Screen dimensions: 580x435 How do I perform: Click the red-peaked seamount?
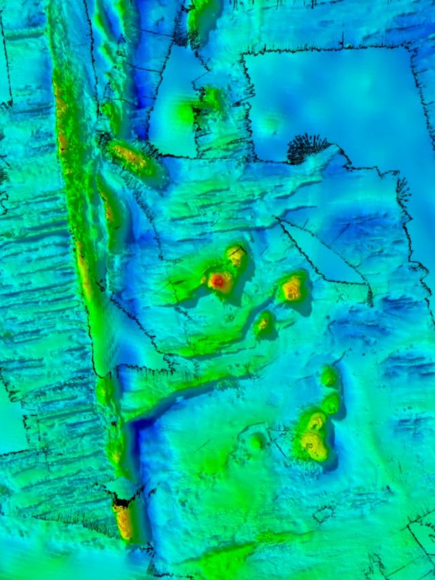pos(220,279)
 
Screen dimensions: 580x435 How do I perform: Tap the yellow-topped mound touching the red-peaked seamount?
pos(236,256)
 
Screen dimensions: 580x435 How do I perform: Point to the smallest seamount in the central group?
pos(264,322)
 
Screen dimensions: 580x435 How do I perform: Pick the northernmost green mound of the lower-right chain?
pos(329,375)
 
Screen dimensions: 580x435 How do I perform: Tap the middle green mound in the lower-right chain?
pos(330,403)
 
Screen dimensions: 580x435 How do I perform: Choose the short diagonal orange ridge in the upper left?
pos(130,158)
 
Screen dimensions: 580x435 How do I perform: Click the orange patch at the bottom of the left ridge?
pos(124,520)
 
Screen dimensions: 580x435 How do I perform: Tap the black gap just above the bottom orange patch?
pos(122,502)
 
